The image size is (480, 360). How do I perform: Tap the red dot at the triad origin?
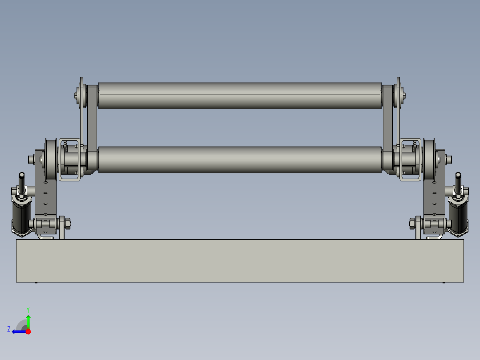click(28, 331)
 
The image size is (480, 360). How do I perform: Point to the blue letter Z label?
click(8, 329)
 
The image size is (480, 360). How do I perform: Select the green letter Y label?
click(28, 309)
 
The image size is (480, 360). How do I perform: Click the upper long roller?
click(240, 95)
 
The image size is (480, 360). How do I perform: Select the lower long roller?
click(240, 159)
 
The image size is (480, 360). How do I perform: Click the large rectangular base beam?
click(240, 261)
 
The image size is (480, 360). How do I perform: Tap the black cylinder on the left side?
click(20, 216)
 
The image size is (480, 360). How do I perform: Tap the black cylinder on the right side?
click(459, 216)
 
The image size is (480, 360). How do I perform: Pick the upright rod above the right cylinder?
click(458, 182)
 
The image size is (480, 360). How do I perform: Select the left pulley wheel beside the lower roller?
click(50, 159)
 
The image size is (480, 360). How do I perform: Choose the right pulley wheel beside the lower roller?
click(429, 159)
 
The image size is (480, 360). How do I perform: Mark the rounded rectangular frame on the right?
click(410, 160)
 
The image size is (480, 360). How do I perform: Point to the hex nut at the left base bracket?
click(68, 222)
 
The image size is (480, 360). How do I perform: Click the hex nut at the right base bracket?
click(412, 222)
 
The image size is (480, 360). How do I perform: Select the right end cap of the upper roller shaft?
click(403, 94)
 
